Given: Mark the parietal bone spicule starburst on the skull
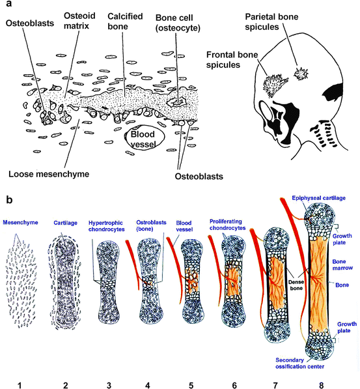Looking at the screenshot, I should pyautogui.click(x=301, y=74).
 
